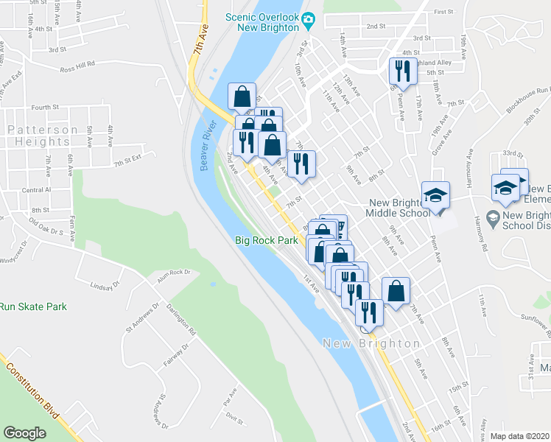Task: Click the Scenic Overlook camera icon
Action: tap(311, 17)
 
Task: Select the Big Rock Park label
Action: tap(267, 240)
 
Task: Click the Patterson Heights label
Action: tap(43, 136)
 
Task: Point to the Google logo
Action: tap(25, 432)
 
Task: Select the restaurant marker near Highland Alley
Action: tap(399, 71)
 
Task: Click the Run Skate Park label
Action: tap(33, 306)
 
